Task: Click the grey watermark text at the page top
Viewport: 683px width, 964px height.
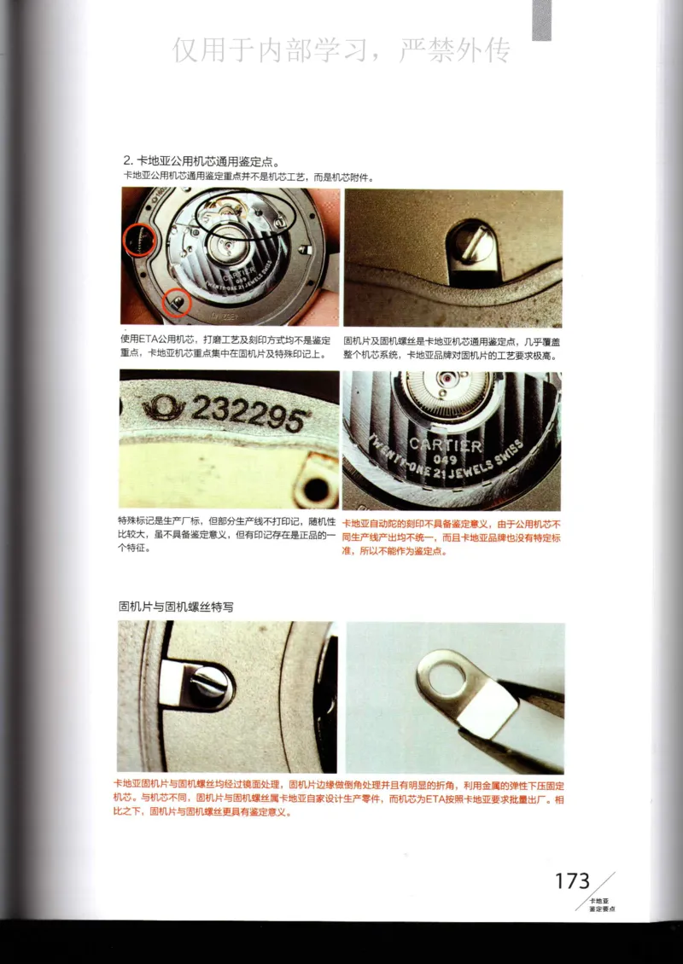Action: (341, 51)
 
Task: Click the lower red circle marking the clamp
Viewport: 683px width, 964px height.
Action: (177, 300)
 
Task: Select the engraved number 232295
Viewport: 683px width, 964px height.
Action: (248, 414)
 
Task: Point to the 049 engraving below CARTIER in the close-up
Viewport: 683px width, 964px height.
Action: (444, 460)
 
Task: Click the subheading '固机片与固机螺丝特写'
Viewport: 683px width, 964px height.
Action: (176, 607)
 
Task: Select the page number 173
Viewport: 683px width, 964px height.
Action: (572, 881)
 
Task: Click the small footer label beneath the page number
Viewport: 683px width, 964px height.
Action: (601, 905)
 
